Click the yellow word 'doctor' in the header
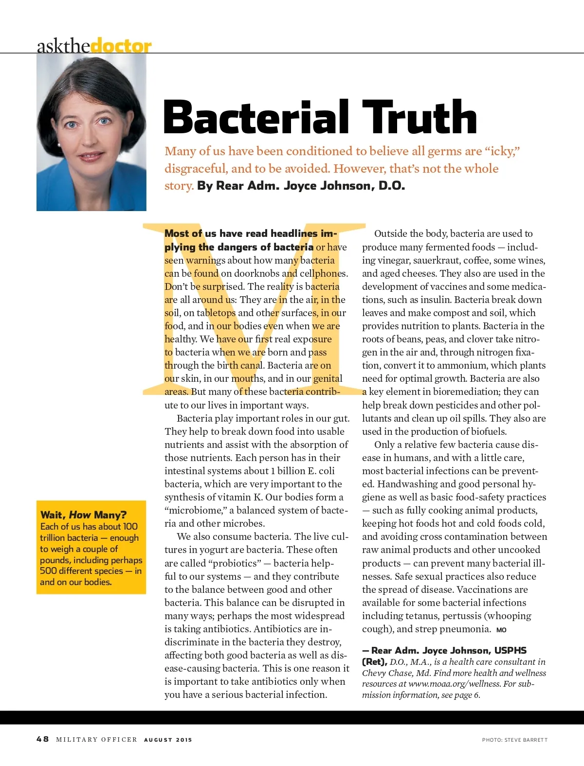tap(121, 46)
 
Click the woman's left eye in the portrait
tap(103, 121)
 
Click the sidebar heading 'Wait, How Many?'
tap(83, 515)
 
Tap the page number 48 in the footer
tap(42, 739)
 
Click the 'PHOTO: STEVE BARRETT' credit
tap(514, 740)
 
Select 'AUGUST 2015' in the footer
tap(168, 740)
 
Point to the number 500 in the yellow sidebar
tap(48, 571)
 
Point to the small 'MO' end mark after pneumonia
tap(501, 630)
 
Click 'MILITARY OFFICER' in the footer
tap(96, 740)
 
